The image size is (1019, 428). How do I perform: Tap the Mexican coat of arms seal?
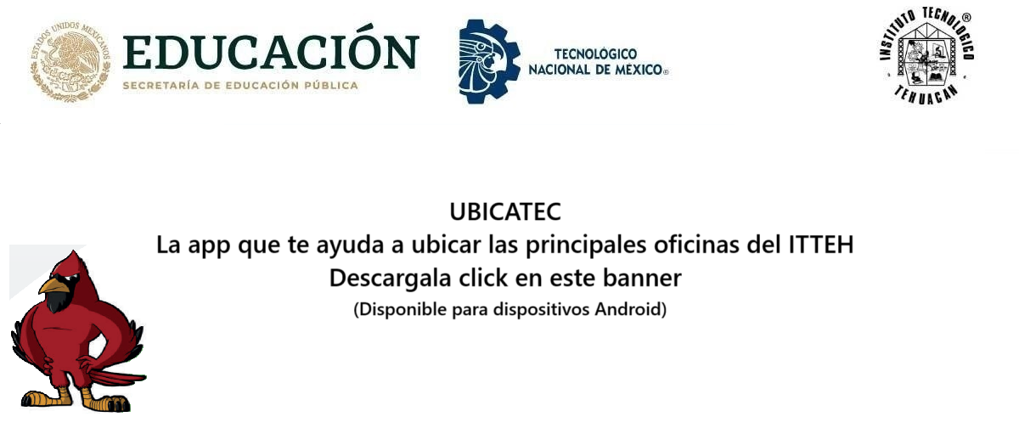(x=70, y=61)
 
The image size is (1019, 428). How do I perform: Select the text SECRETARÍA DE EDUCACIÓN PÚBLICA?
(x=240, y=85)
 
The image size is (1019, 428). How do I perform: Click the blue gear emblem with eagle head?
(x=489, y=61)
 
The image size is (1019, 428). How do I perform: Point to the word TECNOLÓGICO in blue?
(x=595, y=54)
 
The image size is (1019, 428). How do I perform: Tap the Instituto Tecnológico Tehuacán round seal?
(x=926, y=55)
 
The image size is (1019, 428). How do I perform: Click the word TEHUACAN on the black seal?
(x=926, y=94)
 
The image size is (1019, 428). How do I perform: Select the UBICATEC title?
(x=505, y=211)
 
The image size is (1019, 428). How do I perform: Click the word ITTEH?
(x=820, y=245)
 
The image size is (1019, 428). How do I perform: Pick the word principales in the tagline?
(x=586, y=245)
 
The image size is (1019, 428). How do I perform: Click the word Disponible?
(x=403, y=310)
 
